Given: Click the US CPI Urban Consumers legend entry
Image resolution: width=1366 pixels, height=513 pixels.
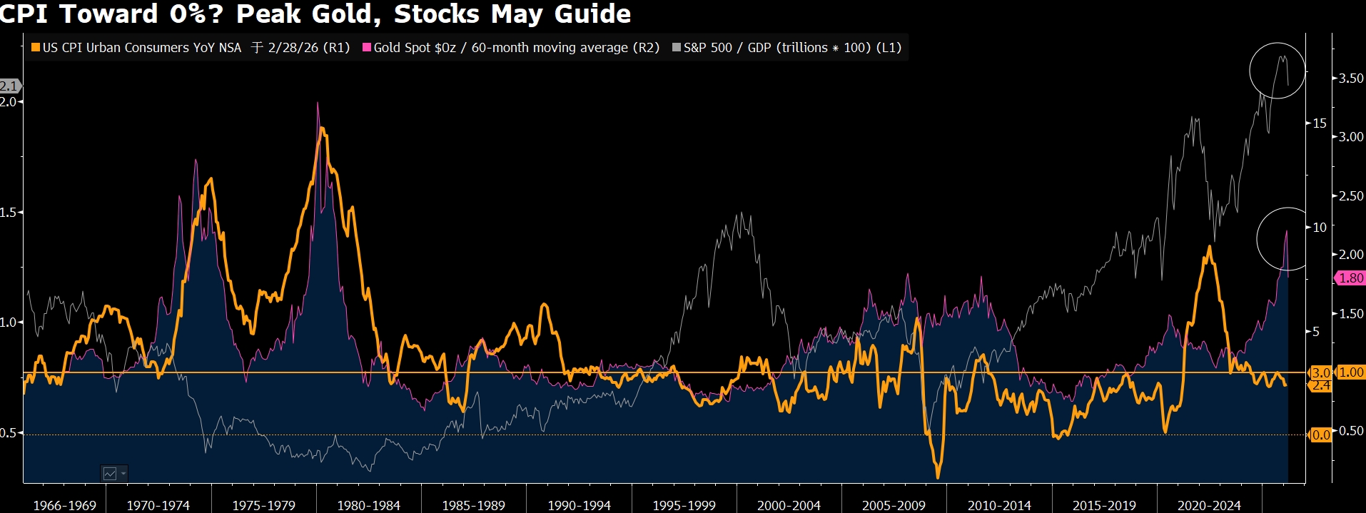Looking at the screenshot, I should (x=142, y=48).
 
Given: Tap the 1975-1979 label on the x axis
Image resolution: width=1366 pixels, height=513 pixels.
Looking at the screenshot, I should (x=263, y=505).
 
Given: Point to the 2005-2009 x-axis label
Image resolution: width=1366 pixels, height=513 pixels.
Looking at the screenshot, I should (x=894, y=505).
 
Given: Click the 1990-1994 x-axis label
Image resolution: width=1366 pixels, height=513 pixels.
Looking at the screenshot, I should (x=579, y=505).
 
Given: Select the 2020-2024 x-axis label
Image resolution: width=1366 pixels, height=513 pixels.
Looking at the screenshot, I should (x=1209, y=505).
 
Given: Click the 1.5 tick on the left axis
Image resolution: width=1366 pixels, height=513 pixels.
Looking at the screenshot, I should (x=8, y=212).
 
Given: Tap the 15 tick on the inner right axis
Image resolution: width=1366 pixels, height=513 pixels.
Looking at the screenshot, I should (x=1320, y=123).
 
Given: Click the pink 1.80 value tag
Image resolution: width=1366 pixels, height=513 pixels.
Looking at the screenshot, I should (x=1350, y=278).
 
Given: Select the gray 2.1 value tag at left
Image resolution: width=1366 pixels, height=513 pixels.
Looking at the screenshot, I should (x=9, y=86).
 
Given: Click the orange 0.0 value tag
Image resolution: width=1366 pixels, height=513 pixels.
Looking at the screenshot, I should (x=1321, y=435).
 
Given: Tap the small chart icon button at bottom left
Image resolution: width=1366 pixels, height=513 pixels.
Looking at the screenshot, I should (x=113, y=473).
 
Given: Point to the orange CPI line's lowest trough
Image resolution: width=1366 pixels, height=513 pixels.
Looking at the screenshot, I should (x=937, y=477).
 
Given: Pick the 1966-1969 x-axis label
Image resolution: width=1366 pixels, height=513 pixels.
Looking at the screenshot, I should (x=64, y=505).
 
